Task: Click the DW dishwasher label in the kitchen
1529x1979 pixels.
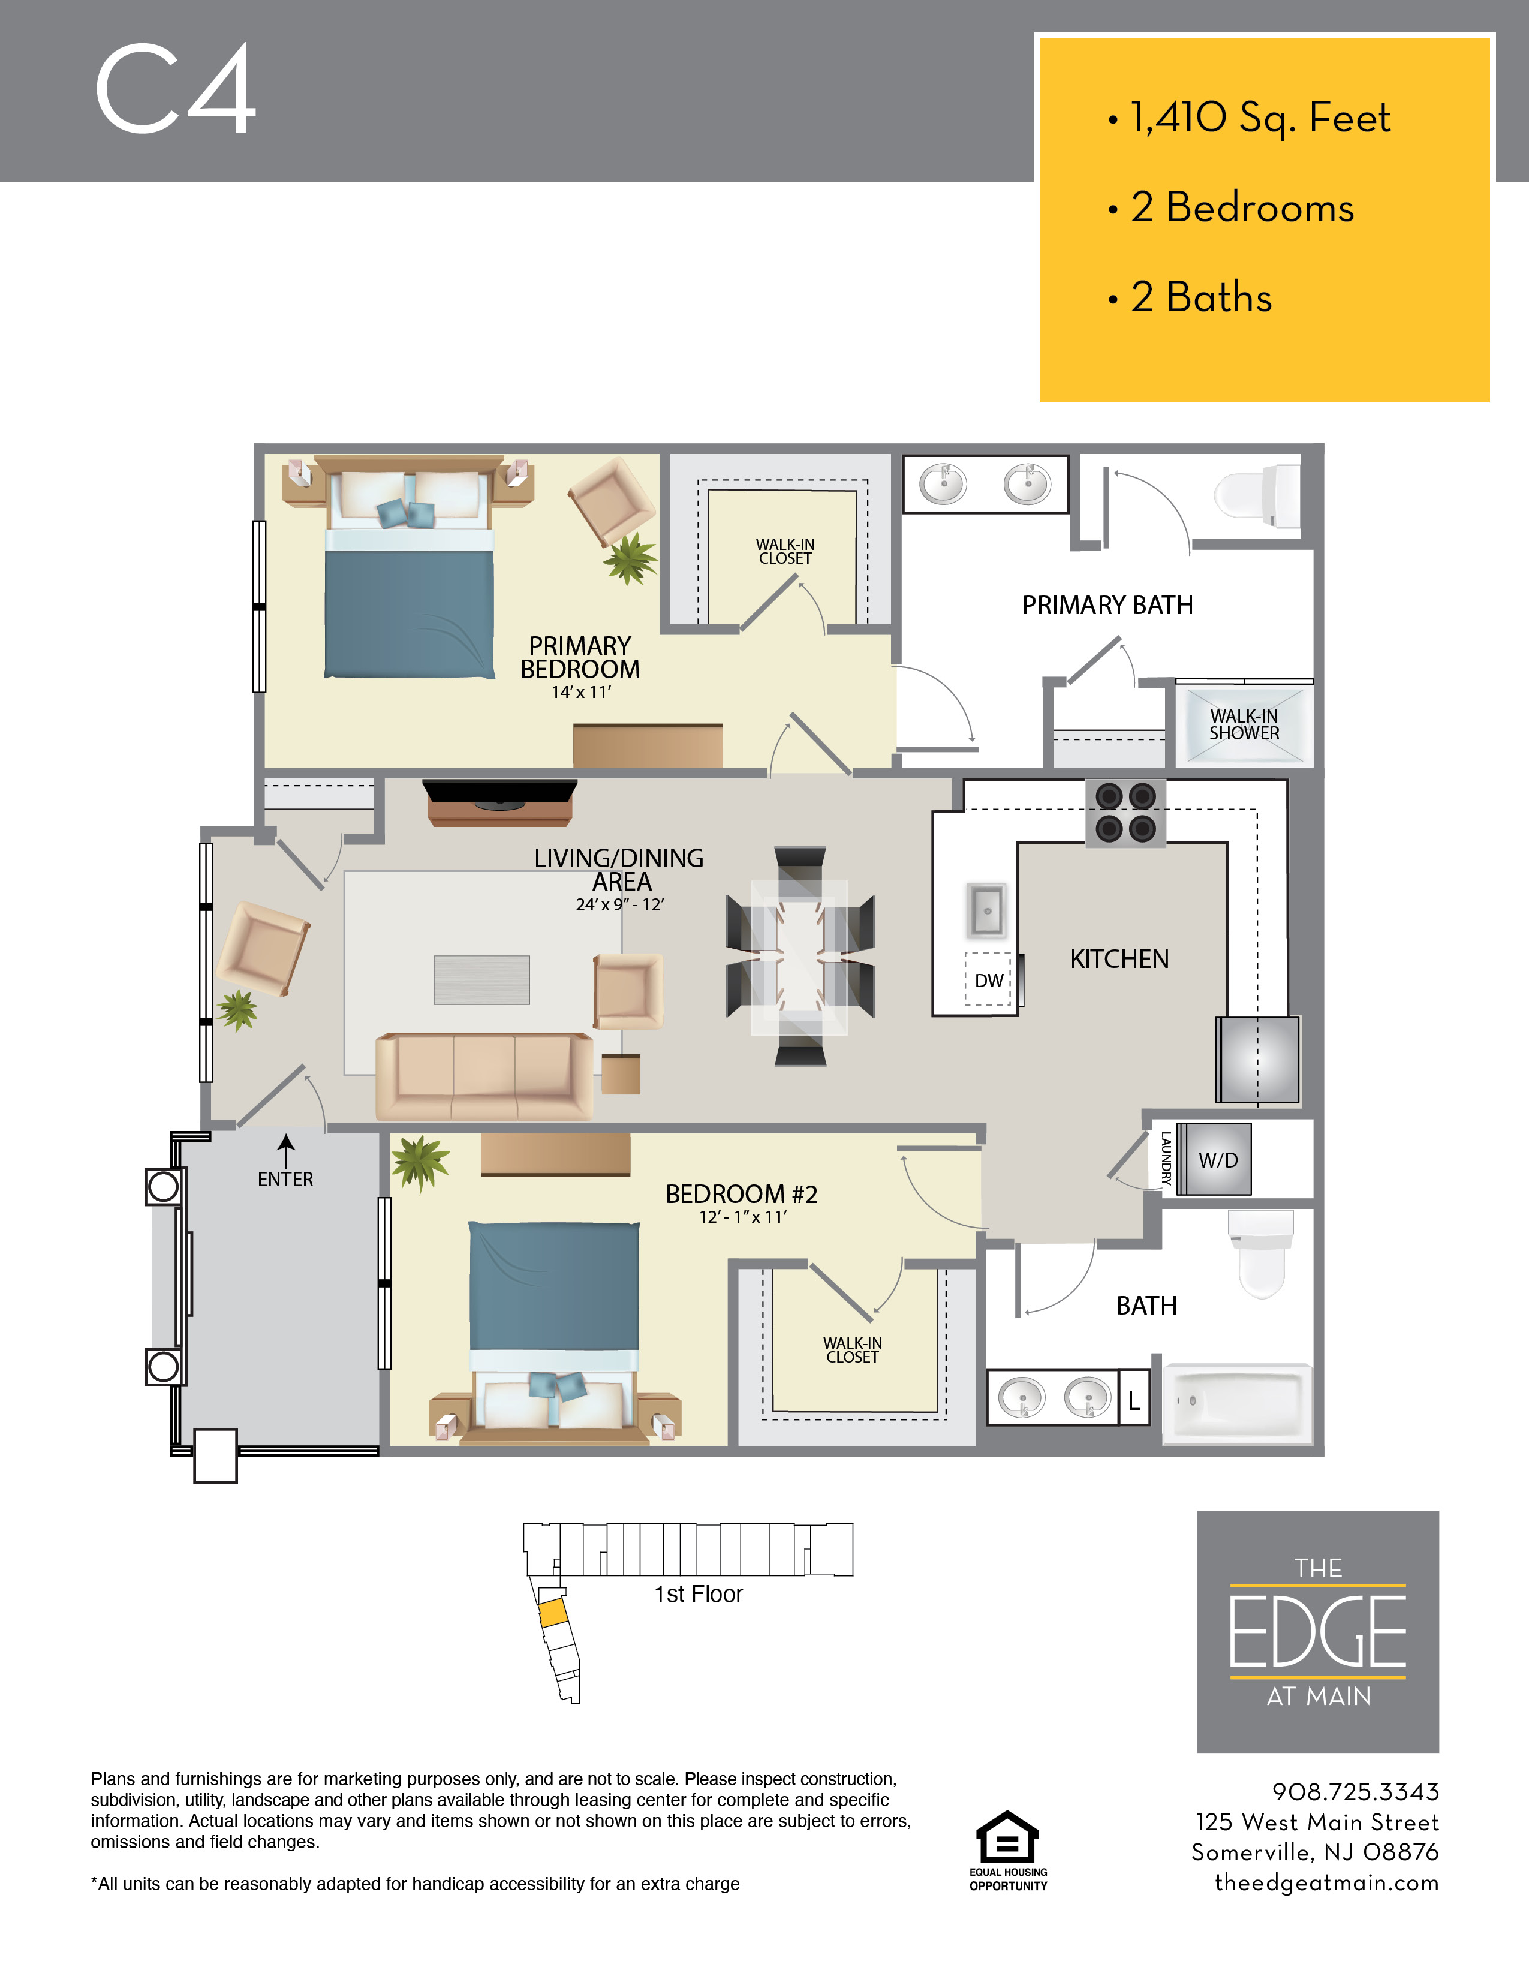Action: point(988,981)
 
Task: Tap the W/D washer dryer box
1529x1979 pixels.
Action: point(1217,1160)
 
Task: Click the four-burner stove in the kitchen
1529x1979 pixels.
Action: point(1126,812)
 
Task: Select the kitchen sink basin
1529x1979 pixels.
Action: point(986,909)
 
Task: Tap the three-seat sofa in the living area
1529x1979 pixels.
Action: point(484,1076)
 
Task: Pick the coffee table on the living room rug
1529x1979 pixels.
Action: point(482,979)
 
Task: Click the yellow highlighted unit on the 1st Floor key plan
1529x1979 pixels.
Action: point(553,1614)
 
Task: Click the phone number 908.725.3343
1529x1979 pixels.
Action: point(1354,1791)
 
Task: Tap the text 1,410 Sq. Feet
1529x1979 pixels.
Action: point(1259,118)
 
